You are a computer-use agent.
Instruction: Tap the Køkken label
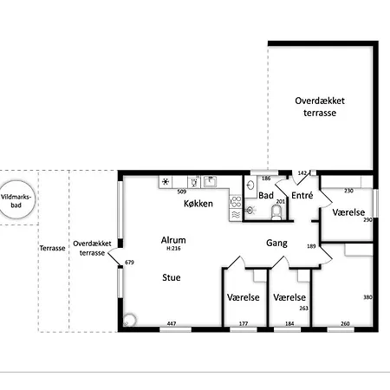(x=198, y=204)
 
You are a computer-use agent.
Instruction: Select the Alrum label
(x=173, y=240)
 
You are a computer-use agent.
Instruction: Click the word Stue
(x=172, y=277)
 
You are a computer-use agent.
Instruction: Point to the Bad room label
(x=266, y=196)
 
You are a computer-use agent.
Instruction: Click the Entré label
(x=302, y=196)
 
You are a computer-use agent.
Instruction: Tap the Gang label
(x=276, y=244)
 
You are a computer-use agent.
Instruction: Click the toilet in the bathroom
(x=276, y=212)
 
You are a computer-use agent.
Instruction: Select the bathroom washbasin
(x=250, y=185)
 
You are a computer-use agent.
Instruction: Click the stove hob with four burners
(x=236, y=201)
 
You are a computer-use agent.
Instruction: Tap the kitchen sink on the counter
(x=211, y=181)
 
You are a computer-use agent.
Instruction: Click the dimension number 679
(x=129, y=263)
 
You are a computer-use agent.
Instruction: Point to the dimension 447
(x=172, y=323)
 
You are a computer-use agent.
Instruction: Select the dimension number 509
(x=182, y=192)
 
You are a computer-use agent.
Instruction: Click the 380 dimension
(x=367, y=297)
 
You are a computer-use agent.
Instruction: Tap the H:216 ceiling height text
(x=173, y=249)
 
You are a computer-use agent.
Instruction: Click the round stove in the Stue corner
(x=129, y=321)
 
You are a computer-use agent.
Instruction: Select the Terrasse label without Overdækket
(x=52, y=248)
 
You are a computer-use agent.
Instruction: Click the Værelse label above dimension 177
(x=244, y=297)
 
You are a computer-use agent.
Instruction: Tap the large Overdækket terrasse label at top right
(x=320, y=107)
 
